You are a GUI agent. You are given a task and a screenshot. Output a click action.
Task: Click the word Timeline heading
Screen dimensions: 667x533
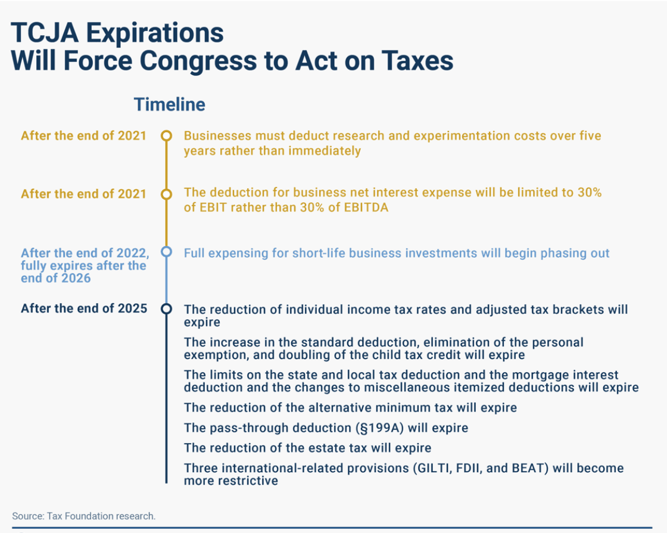pos(169,104)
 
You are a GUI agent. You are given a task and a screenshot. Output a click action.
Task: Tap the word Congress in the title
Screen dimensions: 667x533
pos(198,60)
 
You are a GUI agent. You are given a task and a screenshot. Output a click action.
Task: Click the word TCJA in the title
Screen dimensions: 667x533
pos(45,32)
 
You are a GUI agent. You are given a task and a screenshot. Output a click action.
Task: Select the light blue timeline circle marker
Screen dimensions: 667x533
pos(166,252)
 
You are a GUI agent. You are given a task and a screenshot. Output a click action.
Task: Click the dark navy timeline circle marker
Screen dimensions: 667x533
pos(166,309)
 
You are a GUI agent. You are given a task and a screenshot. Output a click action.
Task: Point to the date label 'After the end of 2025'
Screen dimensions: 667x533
pos(84,308)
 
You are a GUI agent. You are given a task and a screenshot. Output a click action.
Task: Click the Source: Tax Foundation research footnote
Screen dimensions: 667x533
pos(84,516)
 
